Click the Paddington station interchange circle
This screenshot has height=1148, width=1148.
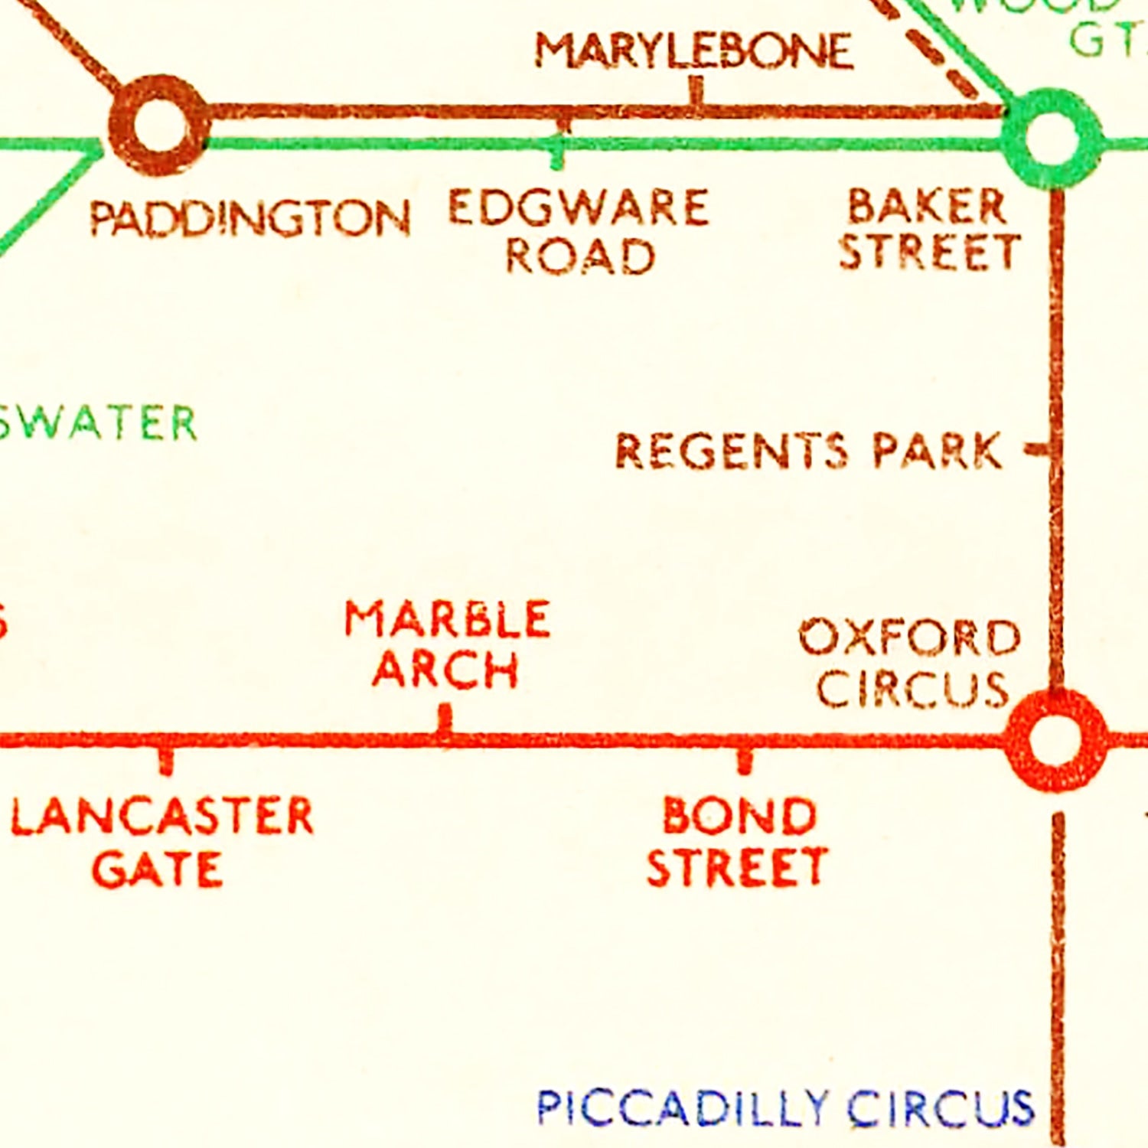click(159, 125)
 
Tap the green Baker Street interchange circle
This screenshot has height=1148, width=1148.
click(1052, 138)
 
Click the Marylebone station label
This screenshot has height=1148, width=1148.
click(693, 51)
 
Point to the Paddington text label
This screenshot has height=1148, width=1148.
click(249, 218)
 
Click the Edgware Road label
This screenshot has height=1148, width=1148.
click(579, 230)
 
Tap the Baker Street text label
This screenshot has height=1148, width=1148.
click(929, 230)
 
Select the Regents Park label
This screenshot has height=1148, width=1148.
click(808, 450)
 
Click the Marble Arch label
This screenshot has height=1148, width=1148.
click(447, 644)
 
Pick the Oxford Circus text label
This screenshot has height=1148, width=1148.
click(911, 663)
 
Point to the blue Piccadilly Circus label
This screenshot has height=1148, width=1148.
click(785, 1107)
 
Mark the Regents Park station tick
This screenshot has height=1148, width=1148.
click(1038, 448)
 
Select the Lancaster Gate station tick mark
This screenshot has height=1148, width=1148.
click(166, 761)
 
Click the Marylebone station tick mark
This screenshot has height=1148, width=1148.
click(696, 91)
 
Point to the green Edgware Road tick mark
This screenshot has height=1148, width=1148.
click(558, 156)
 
